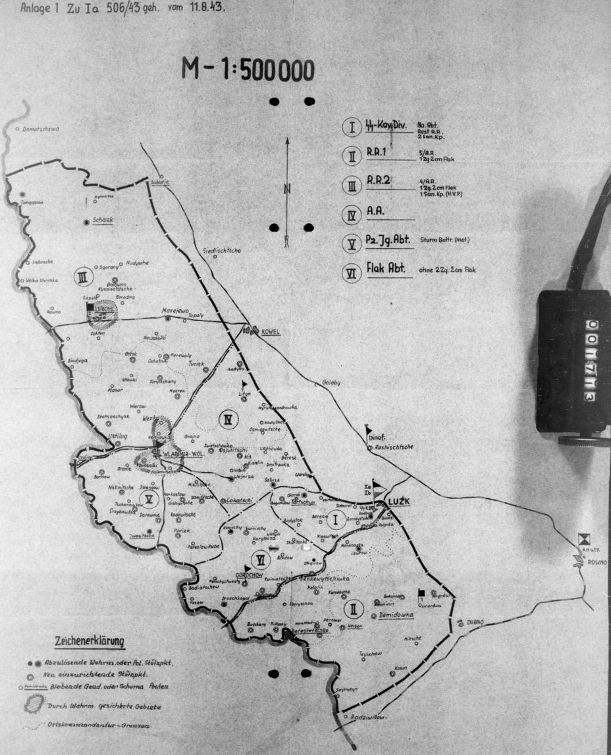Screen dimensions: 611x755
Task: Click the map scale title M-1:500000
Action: click(x=248, y=70)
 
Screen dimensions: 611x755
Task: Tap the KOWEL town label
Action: click(x=271, y=331)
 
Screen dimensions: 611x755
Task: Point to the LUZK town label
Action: click(x=399, y=501)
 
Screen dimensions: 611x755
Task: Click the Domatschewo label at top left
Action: click(x=40, y=129)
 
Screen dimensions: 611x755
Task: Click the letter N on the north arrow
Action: click(x=287, y=190)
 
